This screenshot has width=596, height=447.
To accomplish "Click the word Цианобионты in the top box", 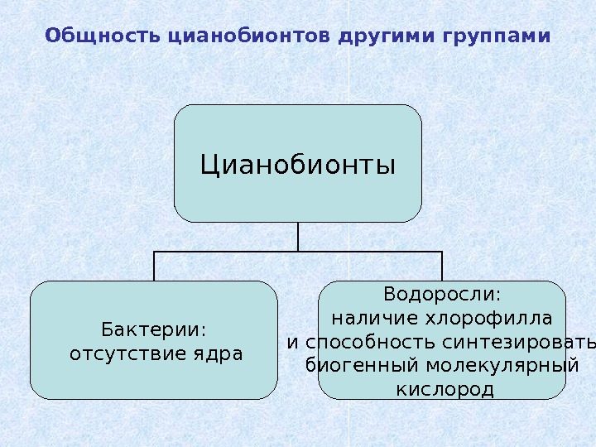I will point(298,164).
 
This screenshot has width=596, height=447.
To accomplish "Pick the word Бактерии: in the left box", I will point(154,329).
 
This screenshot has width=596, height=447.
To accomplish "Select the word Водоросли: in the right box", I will point(442,295).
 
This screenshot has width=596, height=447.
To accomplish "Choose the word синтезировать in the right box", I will point(519,342).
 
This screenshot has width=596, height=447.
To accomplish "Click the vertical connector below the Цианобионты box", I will point(298,237).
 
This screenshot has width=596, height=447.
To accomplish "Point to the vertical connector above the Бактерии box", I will point(154,267).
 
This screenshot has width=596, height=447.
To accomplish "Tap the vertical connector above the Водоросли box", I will point(442,267).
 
